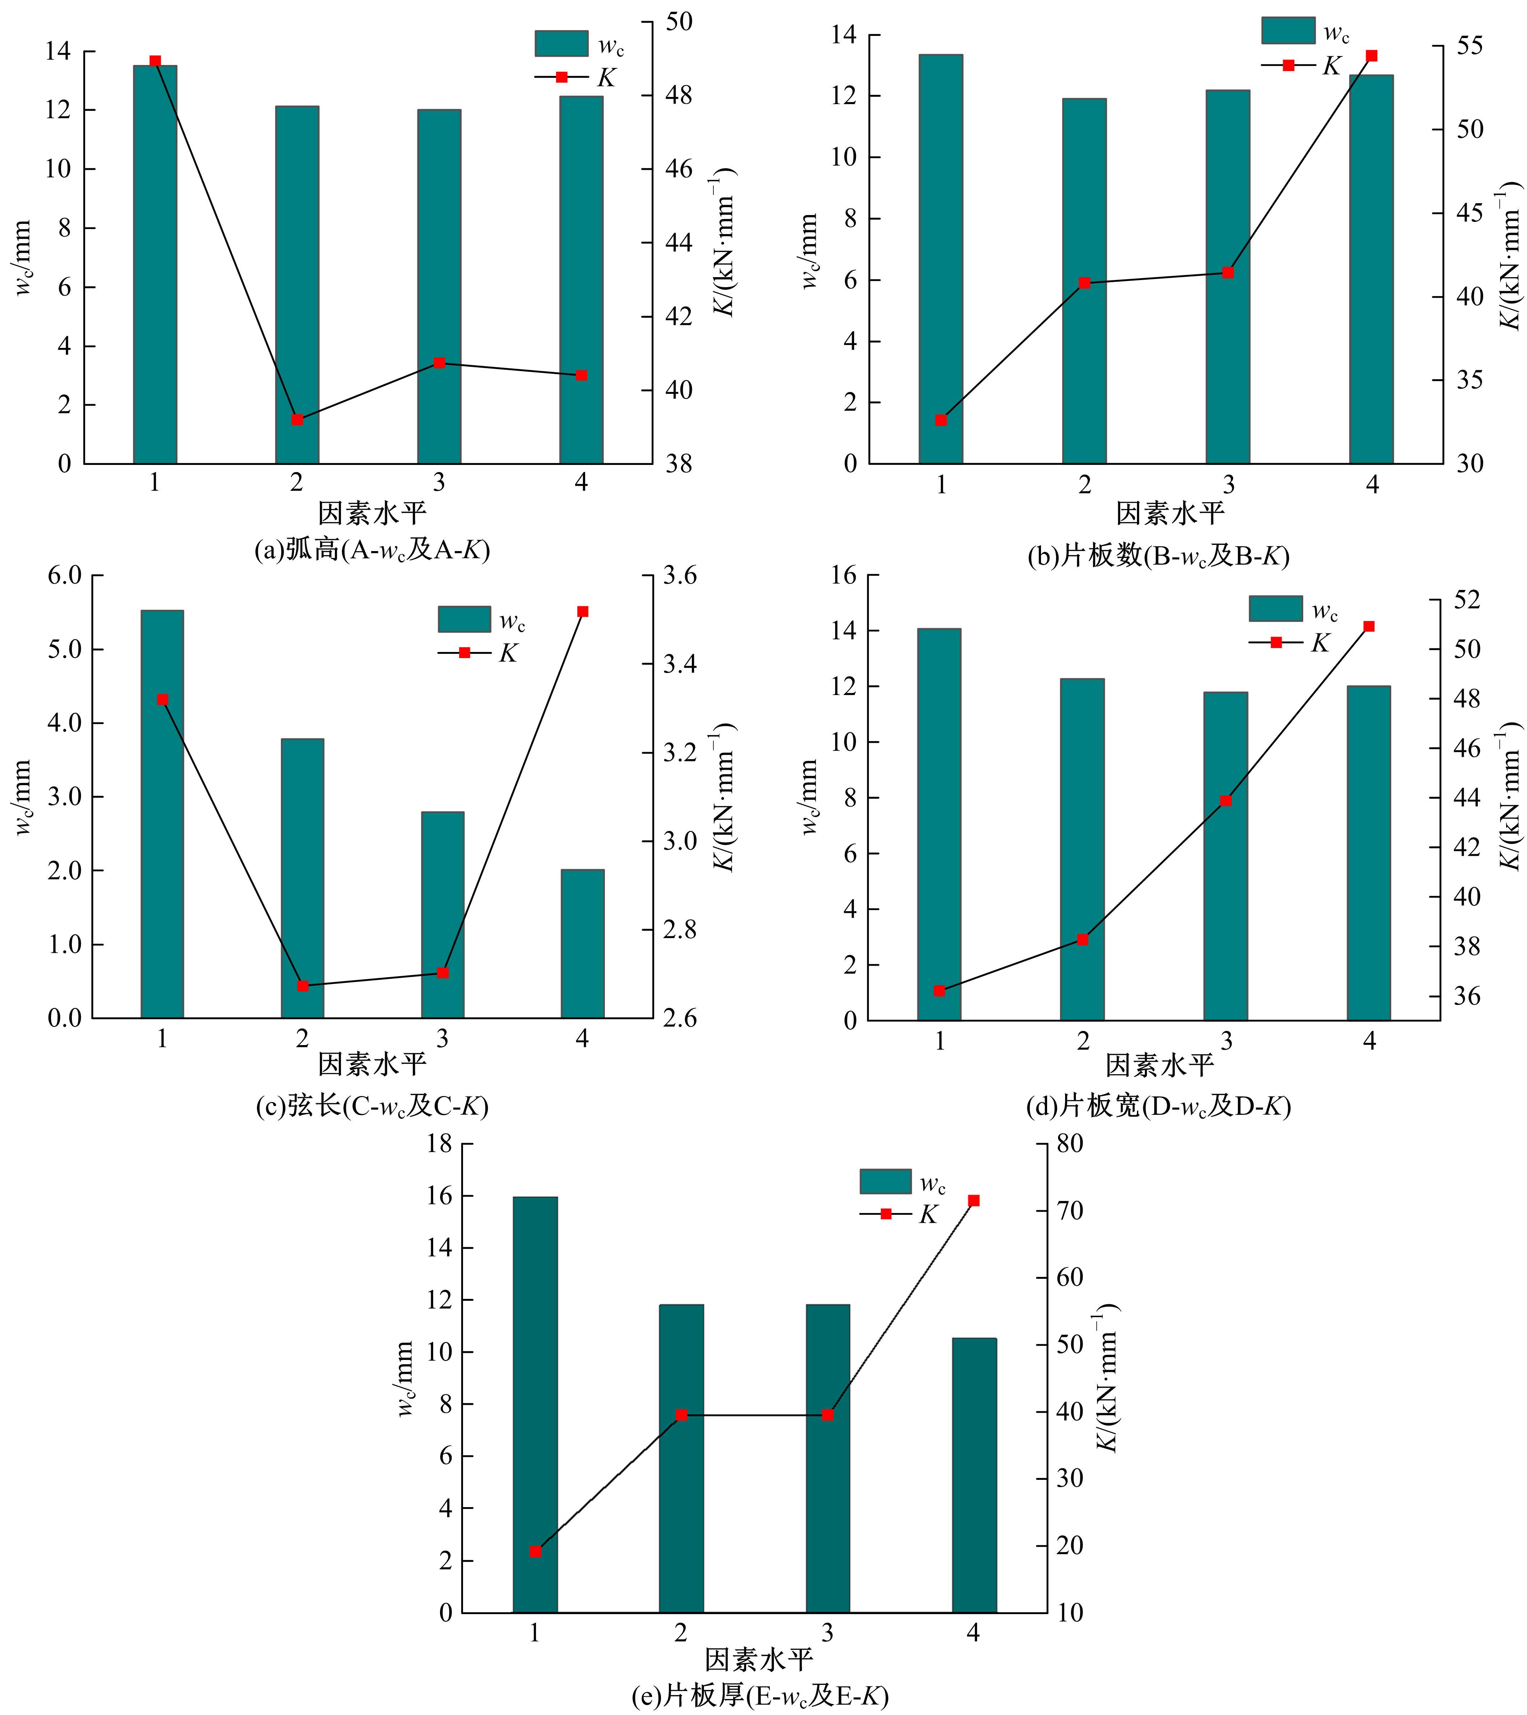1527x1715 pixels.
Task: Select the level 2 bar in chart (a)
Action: click(x=297, y=285)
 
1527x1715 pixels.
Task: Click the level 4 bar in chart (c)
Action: click(x=583, y=944)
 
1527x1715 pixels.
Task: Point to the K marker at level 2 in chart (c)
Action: click(x=303, y=986)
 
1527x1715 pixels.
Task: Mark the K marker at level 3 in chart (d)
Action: click(x=1226, y=801)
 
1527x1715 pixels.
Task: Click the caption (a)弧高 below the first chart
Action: click(x=372, y=550)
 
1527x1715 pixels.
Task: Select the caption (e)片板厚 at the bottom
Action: click(x=760, y=1696)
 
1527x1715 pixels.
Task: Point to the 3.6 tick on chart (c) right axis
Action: click(x=679, y=575)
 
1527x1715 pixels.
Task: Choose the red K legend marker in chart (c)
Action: click(x=464, y=652)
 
